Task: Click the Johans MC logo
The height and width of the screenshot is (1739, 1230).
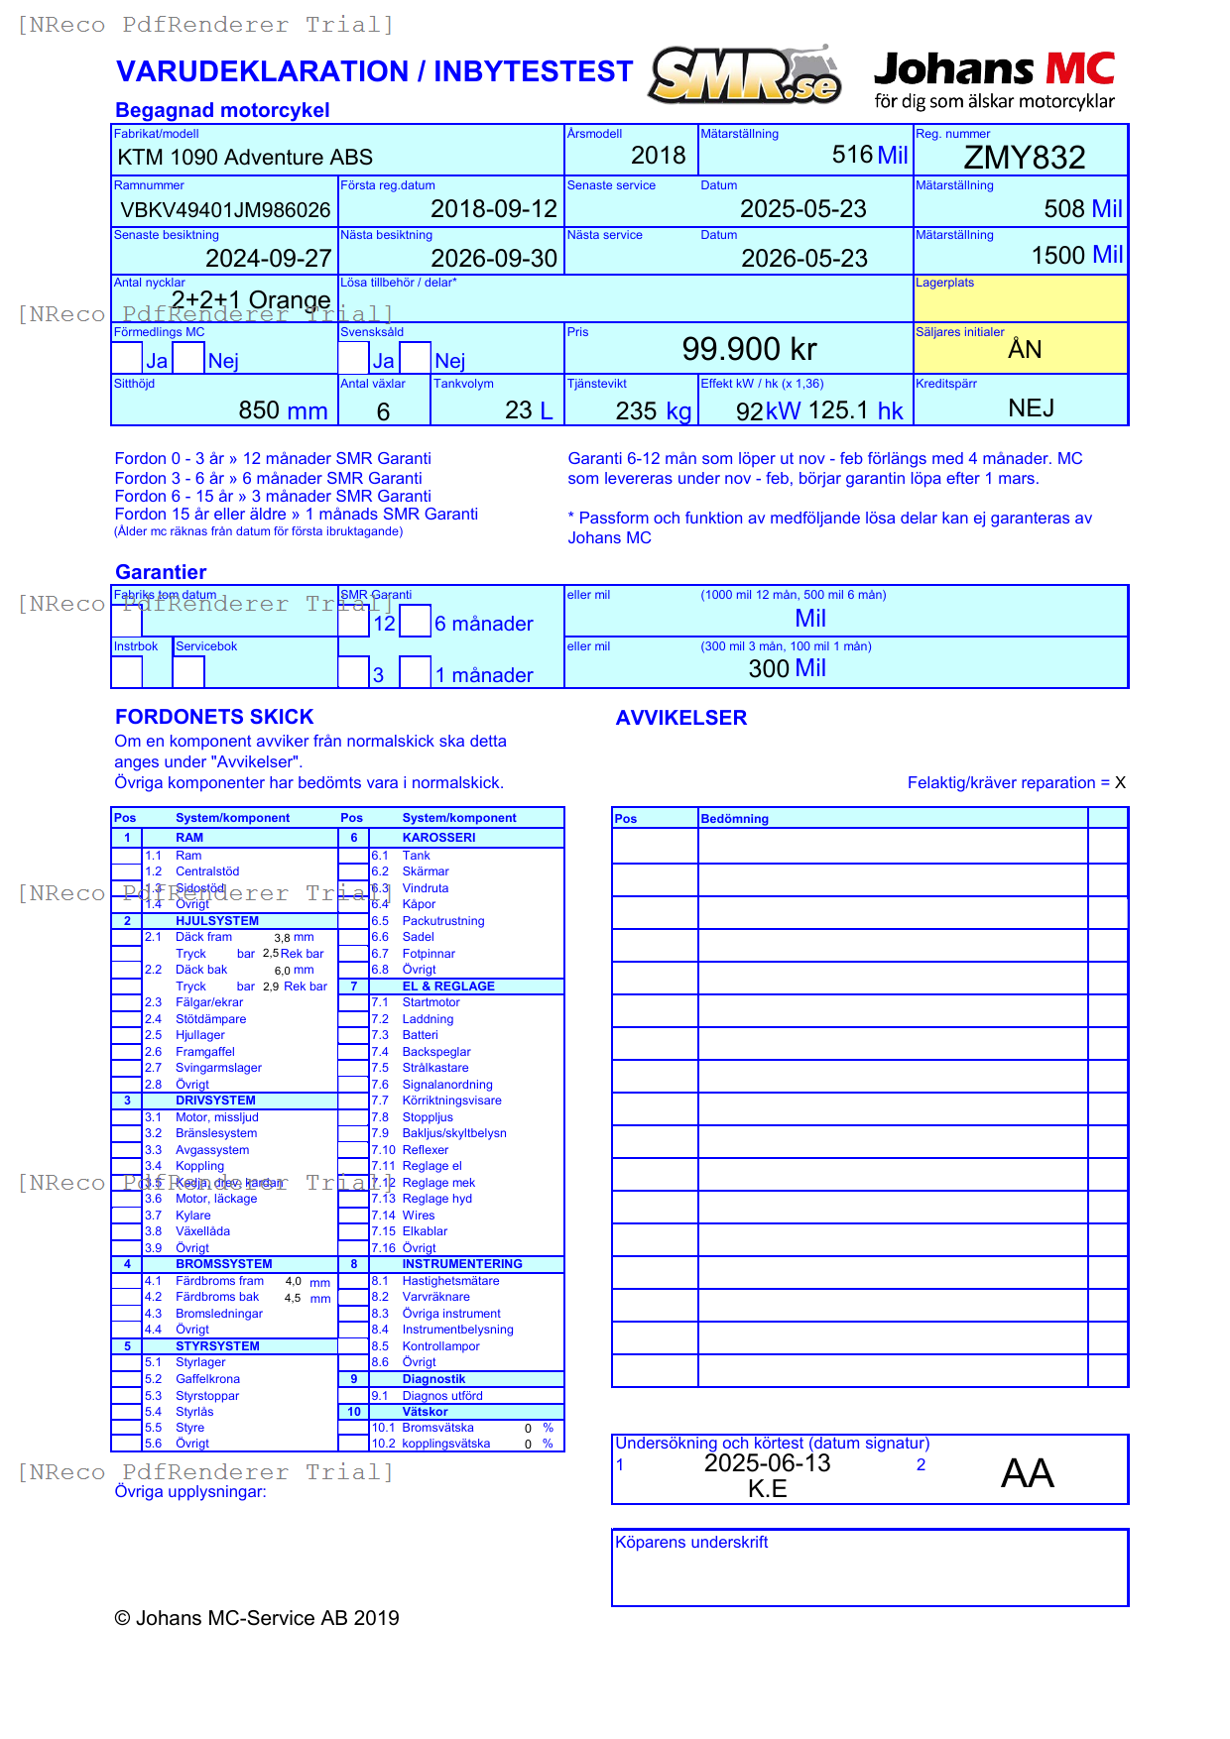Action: click(x=994, y=79)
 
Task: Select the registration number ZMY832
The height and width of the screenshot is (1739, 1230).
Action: click(x=1025, y=158)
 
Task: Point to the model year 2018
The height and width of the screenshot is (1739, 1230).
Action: click(x=658, y=156)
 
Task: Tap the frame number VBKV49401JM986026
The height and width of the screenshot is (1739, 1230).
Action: click(x=225, y=210)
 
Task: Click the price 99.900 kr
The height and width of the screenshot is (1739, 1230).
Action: click(x=749, y=349)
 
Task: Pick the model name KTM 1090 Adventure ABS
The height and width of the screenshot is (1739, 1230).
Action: click(x=245, y=158)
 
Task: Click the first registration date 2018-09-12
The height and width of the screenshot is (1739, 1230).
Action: click(x=494, y=209)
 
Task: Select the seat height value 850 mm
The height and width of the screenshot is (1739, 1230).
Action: click(x=283, y=410)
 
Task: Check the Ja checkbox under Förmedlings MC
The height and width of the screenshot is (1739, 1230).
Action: click(x=127, y=358)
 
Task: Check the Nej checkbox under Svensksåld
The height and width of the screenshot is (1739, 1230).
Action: click(x=415, y=358)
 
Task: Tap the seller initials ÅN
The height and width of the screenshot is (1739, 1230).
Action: click(x=1025, y=349)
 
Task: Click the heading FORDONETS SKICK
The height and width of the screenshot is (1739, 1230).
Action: click(x=214, y=717)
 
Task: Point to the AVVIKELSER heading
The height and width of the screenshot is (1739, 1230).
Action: click(x=680, y=718)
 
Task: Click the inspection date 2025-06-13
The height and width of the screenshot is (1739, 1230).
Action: click(x=767, y=1463)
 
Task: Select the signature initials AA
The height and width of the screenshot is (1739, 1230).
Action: click(x=1027, y=1473)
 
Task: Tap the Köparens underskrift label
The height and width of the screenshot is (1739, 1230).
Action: click(x=691, y=1542)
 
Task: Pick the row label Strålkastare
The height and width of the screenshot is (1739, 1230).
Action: click(x=435, y=1068)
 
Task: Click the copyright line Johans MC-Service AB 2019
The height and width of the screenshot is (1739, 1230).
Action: click(x=257, y=1618)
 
